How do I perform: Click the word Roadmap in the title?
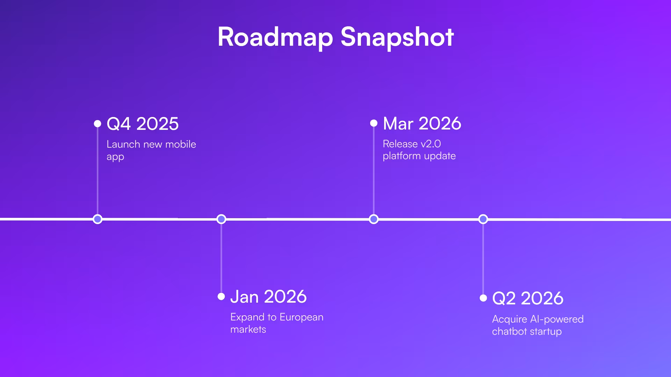coord(275,37)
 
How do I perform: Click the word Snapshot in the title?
coord(397,37)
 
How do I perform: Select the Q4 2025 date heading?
coord(143,124)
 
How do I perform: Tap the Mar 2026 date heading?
coord(422,123)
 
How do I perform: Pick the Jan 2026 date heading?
coord(268,297)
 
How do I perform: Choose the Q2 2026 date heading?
coord(528,298)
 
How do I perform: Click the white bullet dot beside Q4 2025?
coord(98,124)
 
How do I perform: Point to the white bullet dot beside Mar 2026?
coord(374,123)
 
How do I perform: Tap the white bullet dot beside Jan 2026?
coord(221,297)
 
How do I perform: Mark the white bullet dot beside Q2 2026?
coord(483,298)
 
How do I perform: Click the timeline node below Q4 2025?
coord(98,219)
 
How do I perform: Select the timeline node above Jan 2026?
coord(221,219)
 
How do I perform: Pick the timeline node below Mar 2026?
coord(374,219)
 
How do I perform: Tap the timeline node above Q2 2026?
coord(483,219)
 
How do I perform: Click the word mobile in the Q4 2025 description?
coord(180,144)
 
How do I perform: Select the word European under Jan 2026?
coord(301,317)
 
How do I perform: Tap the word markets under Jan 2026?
coord(248,329)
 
